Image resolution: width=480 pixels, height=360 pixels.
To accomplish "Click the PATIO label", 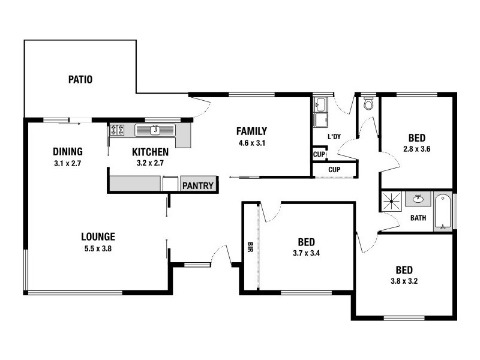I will point(80,79).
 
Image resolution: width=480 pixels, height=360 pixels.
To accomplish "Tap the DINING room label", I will point(67,152).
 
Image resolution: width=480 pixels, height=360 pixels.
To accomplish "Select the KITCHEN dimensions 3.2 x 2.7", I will point(150,163).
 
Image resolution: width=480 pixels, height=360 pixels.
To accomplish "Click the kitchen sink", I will point(155,130).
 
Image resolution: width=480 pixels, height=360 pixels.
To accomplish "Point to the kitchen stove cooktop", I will point(117,130).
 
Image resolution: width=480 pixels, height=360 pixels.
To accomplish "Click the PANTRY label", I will point(197,185).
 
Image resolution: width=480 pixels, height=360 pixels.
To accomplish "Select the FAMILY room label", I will point(251,131).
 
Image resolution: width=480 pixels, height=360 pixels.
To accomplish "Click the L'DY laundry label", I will point(334,137).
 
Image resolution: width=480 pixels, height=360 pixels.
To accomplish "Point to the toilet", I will point(368,104).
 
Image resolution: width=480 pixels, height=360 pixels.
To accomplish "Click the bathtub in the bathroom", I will point(443,211).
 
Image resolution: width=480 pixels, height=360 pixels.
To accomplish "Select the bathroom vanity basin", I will point(416,199).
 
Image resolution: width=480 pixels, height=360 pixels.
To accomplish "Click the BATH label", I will point(418,218).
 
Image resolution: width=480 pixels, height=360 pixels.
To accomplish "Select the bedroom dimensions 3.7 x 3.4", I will point(306,253).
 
